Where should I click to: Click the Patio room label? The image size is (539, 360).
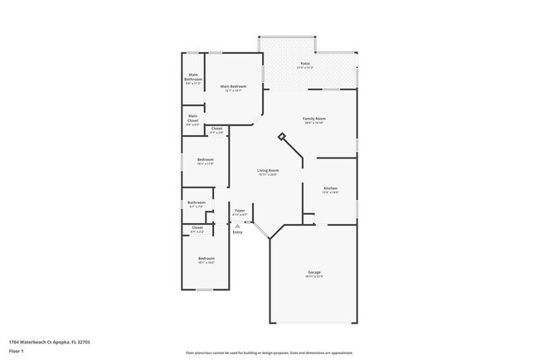tap(305, 63)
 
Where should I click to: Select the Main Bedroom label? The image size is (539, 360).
tap(233, 87)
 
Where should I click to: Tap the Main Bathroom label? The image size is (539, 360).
tap(193, 77)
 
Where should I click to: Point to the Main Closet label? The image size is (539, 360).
tap(192, 118)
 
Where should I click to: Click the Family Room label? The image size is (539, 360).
tap(313, 119)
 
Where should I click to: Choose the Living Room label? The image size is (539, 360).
tap(266, 172)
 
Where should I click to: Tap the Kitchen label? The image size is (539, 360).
tap(330, 189)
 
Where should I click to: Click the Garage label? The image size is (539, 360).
tap(313, 273)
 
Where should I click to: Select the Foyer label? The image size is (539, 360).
tap(240, 212)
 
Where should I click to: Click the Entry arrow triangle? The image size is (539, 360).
tap(238, 225)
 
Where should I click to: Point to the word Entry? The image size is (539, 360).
tap(238, 232)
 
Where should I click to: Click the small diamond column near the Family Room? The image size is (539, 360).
tap(282, 137)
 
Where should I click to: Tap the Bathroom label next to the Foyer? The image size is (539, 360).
tap(197, 203)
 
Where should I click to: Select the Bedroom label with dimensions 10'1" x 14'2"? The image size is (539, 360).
tap(206, 260)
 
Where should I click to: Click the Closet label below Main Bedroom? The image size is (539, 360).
tap(216, 129)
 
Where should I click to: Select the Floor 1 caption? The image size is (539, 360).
tap(17, 351)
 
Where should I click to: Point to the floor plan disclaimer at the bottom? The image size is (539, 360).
tap(269, 352)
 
